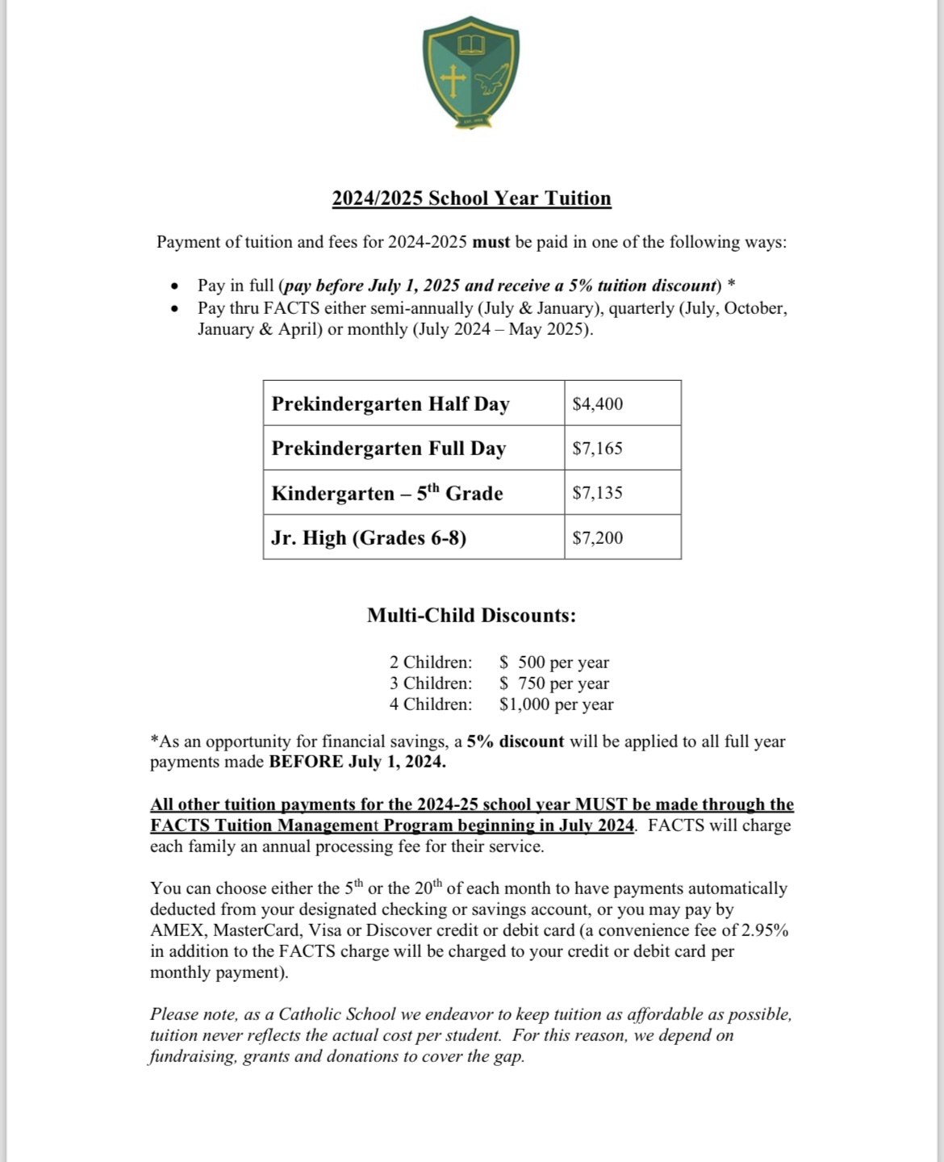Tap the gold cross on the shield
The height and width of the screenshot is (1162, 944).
pyautogui.click(x=453, y=80)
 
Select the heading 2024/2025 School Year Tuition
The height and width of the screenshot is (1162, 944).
pyautogui.click(x=471, y=199)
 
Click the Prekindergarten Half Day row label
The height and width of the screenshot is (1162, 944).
pyautogui.click(x=391, y=403)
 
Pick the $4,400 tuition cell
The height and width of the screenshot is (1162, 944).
pyautogui.click(x=598, y=403)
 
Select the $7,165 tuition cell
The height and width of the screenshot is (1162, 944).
pyautogui.click(x=598, y=448)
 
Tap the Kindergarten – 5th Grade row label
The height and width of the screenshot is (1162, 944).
pyautogui.click(x=387, y=493)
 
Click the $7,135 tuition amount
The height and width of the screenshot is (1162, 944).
pyautogui.click(x=598, y=492)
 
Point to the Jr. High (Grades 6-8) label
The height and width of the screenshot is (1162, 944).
pyautogui.click(x=369, y=537)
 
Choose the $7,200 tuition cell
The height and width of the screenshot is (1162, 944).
pyautogui.click(x=598, y=537)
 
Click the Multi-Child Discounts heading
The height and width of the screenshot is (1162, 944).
pyautogui.click(x=471, y=615)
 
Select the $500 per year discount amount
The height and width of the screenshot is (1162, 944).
pyautogui.click(x=554, y=663)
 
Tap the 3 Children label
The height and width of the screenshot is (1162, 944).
pyautogui.click(x=431, y=683)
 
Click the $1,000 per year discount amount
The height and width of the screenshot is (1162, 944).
pyautogui.click(x=557, y=704)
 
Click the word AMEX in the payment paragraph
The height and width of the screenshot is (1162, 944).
pyautogui.click(x=178, y=930)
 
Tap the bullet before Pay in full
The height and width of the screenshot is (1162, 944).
pyautogui.click(x=174, y=286)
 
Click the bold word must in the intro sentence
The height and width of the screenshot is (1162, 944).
pyautogui.click(x=491, y=242)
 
